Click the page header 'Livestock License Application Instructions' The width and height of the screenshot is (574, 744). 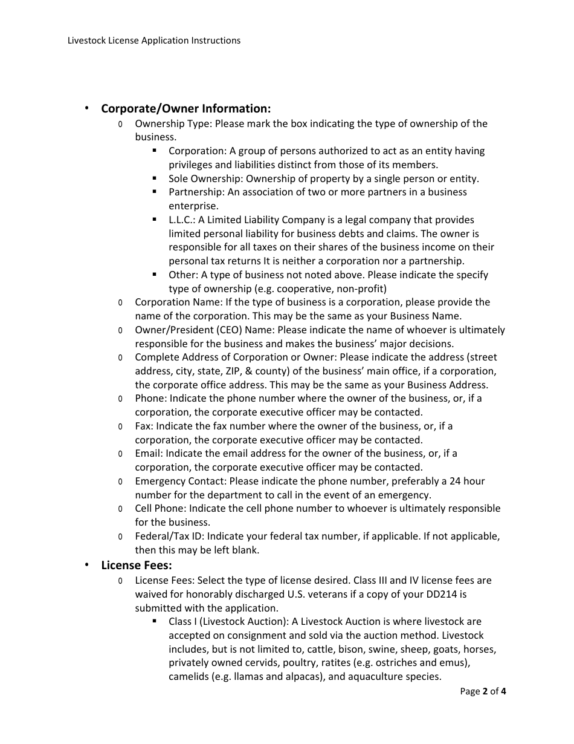[x=154, y=41]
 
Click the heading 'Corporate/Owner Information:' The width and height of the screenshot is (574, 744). [x=185, y=109]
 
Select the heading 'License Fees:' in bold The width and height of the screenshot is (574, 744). [x=137, y=566]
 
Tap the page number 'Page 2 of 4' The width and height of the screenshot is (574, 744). [x=483, y=691]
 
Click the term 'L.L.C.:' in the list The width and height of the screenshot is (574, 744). [x=182, y=220]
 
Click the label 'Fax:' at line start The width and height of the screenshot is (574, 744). [x=144, y=426]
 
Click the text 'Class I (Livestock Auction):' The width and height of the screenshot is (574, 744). [x=229, y=622]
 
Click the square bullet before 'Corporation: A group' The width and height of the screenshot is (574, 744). [x=155, y=151]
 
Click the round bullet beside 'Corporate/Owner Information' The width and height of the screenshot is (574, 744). [x=86, y=108]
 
